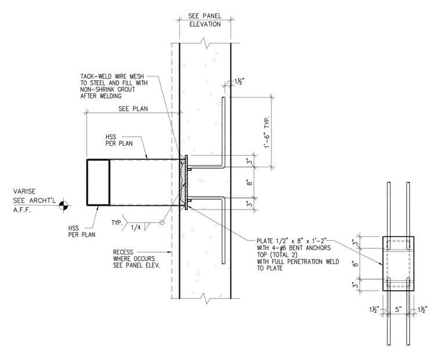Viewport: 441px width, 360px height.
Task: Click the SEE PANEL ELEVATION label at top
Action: point(205,20)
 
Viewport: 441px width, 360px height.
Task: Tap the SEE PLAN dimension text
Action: point(133,109)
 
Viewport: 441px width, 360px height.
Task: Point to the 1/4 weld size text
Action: point(136,228)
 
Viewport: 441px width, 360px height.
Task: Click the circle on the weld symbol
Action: point(162,222)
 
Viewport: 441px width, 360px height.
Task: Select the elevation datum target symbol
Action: point(64,205)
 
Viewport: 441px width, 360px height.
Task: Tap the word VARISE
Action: point(24,192)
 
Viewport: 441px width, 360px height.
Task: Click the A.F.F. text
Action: point(22,210)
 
